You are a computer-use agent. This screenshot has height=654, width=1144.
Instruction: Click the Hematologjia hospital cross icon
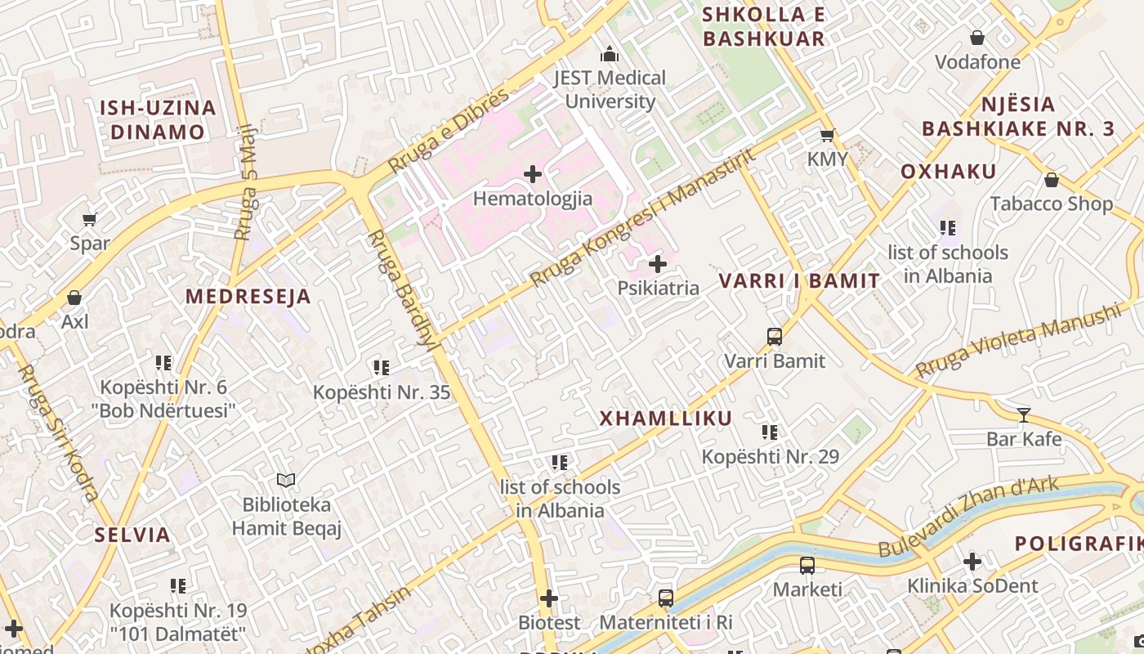click(533, 174)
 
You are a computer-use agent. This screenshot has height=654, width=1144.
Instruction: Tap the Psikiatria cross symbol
click(658, 264)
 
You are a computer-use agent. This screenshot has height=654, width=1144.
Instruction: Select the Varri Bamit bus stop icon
click(775, 336)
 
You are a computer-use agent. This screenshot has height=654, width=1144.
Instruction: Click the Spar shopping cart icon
click(90, 219)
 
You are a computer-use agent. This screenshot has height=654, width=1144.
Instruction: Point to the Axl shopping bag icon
click(74, 298)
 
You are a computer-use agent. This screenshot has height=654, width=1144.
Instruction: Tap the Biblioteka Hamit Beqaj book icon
click(285, 480)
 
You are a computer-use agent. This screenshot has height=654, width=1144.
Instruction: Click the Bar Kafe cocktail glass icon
click(1023, 414)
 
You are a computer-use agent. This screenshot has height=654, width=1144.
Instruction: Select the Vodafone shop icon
click(976, 38)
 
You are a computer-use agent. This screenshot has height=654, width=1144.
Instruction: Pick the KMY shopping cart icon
click(827, 135)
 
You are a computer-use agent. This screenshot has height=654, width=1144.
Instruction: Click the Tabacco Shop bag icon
click(1052, 180)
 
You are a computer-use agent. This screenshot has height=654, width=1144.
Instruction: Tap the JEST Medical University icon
click(610, 55)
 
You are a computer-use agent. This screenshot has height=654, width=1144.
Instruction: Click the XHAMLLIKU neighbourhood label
click(666, 419)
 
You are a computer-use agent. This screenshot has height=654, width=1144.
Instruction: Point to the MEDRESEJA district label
click(248, 297)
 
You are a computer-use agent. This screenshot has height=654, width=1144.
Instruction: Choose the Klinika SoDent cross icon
click(972, 562)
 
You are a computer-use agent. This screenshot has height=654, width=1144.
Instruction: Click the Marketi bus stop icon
click(807, 565)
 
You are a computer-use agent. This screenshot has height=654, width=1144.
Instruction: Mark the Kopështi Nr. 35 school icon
click(381, 368)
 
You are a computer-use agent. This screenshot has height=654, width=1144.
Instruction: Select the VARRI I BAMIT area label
click(799, 281)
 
